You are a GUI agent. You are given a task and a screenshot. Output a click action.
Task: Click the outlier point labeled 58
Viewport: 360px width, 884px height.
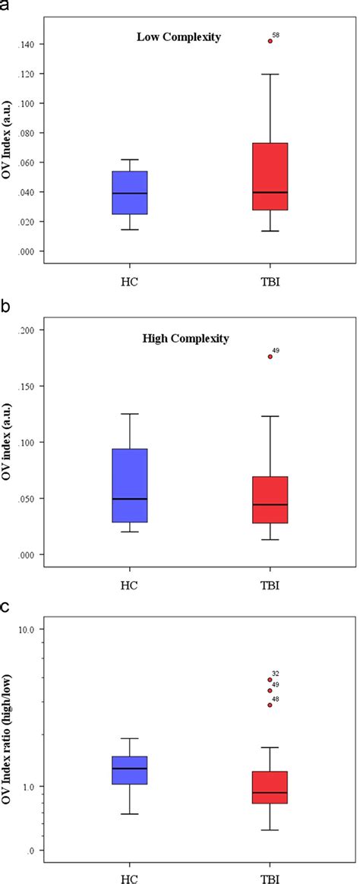coord(270,41)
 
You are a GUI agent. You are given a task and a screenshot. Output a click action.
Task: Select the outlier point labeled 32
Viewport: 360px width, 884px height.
coord(270,680)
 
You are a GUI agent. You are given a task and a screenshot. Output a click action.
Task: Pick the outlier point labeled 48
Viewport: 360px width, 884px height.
coord(270,705)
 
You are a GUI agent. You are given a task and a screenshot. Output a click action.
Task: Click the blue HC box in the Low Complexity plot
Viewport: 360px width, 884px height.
coord(130,192)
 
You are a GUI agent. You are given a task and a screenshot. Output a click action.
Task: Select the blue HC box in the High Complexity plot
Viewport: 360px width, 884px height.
coord(130,485)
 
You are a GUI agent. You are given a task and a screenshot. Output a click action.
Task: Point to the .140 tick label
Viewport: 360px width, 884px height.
coord(29,45)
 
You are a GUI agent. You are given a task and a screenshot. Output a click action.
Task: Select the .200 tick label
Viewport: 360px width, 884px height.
coord(29,330)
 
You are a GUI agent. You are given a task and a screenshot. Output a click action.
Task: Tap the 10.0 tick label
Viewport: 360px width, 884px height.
coord(29,630)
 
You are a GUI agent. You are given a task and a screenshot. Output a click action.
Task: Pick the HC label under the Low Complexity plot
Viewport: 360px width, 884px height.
coord(130,279)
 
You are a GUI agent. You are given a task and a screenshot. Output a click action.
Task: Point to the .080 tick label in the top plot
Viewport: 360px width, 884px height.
coord(29,133)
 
